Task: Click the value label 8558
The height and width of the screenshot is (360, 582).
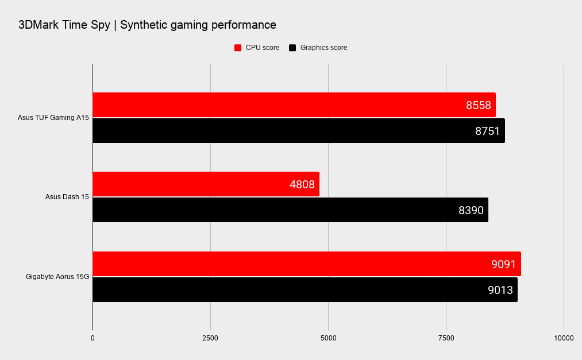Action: [x=478, y=105]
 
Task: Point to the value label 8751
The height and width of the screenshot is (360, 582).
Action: [x=487, y=131]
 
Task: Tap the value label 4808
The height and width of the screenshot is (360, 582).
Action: [x=302, y=184]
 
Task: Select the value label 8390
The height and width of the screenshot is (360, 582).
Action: [x=471, y=210]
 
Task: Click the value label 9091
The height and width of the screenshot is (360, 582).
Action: [x=503, y=264]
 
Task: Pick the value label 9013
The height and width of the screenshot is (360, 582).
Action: [x=500, y=289]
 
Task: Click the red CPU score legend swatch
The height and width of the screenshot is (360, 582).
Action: [x=238, y=48]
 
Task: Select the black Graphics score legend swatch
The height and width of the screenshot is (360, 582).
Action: [x=292, y=48]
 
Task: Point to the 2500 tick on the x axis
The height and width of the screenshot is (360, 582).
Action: [x=210, y=338]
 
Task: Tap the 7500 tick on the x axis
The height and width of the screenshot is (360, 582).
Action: [x=446, y=338]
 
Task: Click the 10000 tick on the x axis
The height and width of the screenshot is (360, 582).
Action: [x=564, y=338]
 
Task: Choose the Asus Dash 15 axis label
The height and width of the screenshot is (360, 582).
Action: [x=67, y=197]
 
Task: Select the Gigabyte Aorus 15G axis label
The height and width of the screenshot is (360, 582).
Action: [x=57, y=277]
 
